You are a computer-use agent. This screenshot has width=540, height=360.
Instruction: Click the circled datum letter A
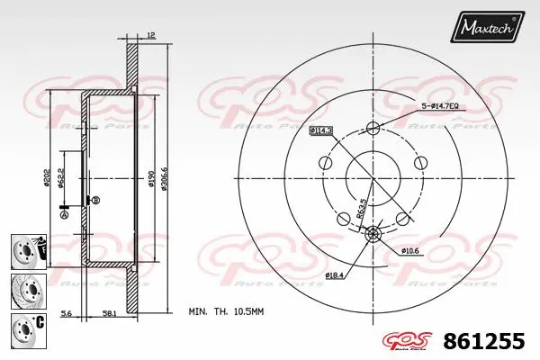(64, 215)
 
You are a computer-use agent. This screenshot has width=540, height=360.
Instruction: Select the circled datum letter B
(95, 199)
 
